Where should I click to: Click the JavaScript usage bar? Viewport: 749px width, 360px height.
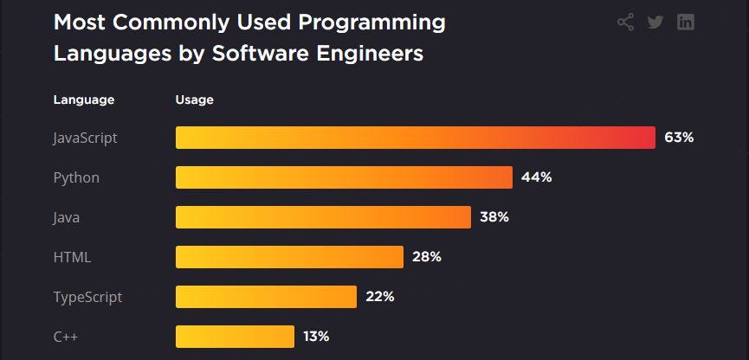415,138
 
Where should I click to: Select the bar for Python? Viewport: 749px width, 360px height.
344,177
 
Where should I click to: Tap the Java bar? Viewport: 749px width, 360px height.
323,217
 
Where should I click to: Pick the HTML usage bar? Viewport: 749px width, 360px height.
289,257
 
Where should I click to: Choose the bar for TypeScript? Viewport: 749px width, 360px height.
266,297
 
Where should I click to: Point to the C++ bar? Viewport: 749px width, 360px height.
235,336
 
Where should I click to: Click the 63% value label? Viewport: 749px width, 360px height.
679,138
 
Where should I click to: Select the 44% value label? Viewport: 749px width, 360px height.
536,177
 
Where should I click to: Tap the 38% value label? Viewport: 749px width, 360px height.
494,217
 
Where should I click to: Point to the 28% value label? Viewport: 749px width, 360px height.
426,257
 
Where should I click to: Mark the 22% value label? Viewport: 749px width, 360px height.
379,297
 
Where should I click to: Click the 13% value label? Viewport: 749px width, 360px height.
315,336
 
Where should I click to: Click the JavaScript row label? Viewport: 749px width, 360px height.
85,138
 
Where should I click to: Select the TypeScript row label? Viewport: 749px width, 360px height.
87,297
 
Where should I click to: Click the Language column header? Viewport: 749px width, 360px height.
84,100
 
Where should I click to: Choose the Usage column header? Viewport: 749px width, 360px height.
194,100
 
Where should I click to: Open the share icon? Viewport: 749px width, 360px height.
625,22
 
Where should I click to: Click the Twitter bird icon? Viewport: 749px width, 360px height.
655,22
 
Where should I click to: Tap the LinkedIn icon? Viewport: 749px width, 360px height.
686,22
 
